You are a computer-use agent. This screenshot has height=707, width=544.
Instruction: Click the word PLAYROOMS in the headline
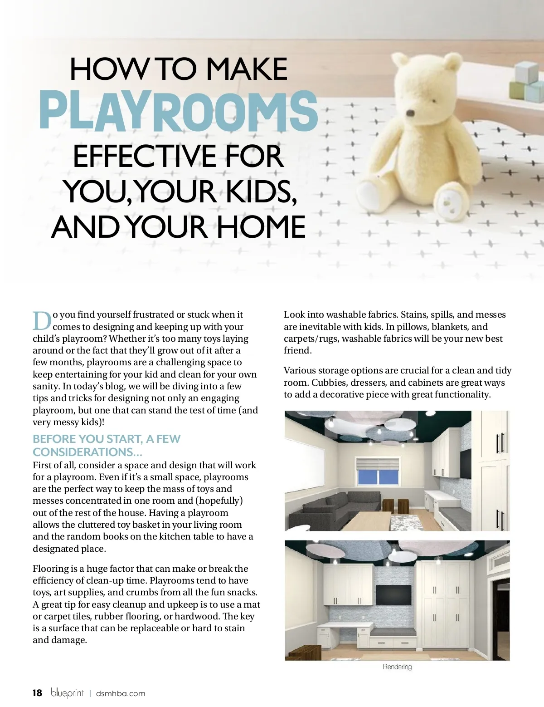tap(178, 110)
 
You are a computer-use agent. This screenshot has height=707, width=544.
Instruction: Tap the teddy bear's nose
tap(410, 113)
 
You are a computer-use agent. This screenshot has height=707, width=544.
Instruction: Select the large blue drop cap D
tap(42, 321)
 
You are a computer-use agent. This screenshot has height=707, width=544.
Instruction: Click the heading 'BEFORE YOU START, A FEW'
tap(107, 439)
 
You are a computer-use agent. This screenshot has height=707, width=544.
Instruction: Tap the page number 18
tap(37, 693)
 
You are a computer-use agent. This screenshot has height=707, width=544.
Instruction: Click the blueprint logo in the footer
tap(67, 693)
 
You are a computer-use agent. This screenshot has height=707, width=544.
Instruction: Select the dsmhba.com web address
tap(121, 693)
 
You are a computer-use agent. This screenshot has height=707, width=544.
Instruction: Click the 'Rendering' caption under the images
tap(397, 667)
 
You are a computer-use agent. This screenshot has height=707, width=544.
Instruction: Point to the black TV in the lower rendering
tap(393, 594)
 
